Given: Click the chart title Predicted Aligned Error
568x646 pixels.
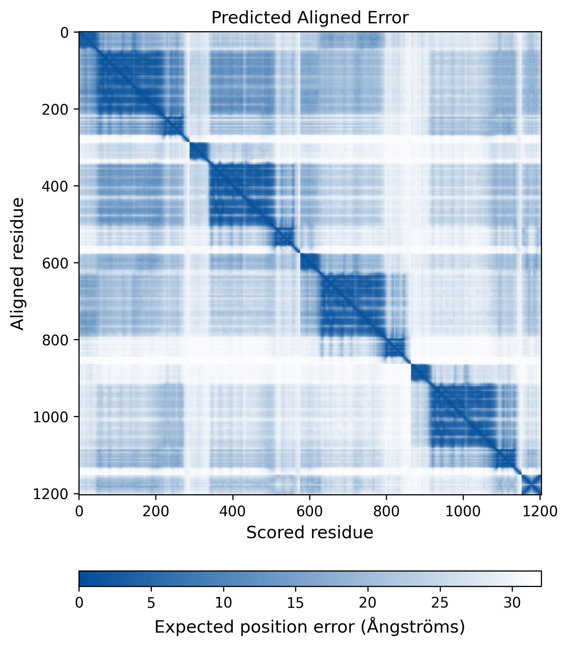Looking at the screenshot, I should tap(310, 18).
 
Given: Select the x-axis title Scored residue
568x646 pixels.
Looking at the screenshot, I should tap(310, 532).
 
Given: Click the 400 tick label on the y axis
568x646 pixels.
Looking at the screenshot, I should tap(55, 186).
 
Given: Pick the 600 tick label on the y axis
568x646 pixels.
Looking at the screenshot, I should tap(55, 263).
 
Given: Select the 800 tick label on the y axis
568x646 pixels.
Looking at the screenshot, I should tap(55, 340).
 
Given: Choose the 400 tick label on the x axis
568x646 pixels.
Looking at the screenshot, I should tap(233, 511).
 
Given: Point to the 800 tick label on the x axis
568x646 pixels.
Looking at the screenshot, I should tap(386, 511).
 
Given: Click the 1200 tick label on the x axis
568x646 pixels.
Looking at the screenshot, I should tap(540, 511).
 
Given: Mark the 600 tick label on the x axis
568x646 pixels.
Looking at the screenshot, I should tap(310, 511).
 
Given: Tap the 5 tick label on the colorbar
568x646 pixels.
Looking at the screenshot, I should tap(151, 603).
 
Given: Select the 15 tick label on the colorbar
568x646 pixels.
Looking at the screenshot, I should tap(295, 603).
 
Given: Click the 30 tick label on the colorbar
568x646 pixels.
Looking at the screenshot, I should tap(512, 603).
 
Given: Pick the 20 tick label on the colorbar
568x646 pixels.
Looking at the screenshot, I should tap(368, 603).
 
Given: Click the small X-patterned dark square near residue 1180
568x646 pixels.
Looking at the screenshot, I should tap(531, 485).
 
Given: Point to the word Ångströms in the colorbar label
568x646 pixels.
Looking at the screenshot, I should tap(415, 627).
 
